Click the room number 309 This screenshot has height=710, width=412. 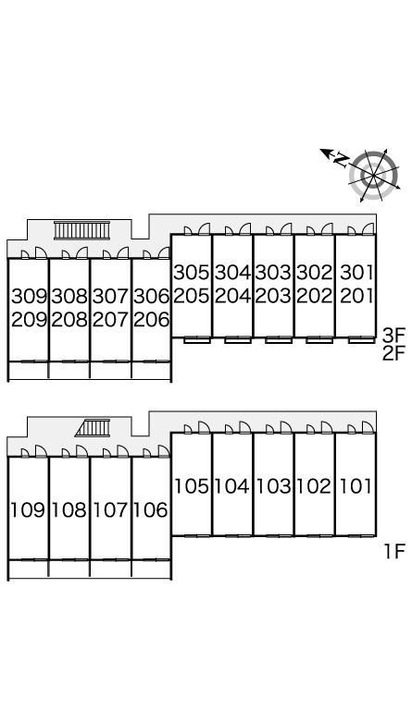[30, 297]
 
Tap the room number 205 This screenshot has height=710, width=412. [192, 296]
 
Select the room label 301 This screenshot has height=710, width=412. [356, 273]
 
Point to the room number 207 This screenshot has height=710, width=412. [110, 320]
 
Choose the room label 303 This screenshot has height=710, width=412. [273, 273]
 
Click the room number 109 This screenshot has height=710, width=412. [28, 510]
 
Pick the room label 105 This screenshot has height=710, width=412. [192, 487]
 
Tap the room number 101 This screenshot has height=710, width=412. [356, 487]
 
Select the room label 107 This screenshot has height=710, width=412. [110, 510]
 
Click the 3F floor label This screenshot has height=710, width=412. [393, 336]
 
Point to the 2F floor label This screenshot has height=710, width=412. [393, 353]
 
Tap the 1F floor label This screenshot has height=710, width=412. [394, 552]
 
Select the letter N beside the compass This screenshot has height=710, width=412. [343, 160]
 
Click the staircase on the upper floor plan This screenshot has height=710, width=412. [82, 230]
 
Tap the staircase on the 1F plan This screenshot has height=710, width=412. [94, 428]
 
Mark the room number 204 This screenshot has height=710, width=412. [232, 296]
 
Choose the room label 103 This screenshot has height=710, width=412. [273, 487]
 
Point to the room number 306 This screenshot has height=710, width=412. [152, 297]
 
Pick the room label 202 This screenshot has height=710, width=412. [315, 296]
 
